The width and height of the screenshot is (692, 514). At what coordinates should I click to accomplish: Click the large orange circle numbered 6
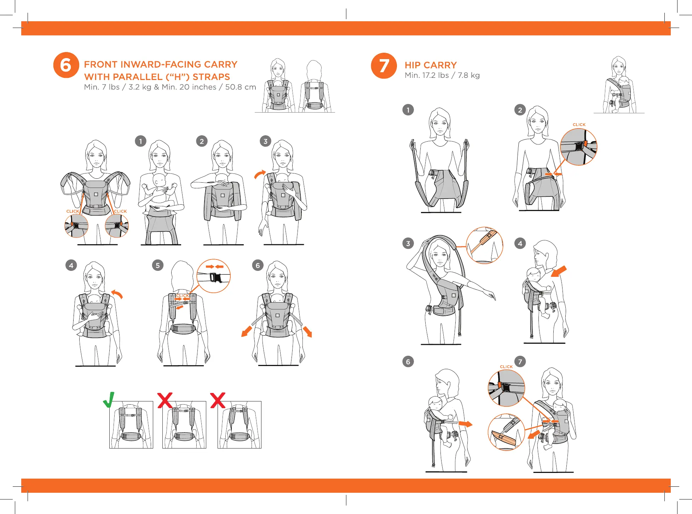(66, 65)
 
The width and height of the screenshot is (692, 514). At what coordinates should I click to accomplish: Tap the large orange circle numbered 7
(384, 65)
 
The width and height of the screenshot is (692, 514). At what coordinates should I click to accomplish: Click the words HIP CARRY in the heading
(431, 65)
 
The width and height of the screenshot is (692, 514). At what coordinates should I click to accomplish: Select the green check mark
(109, 400)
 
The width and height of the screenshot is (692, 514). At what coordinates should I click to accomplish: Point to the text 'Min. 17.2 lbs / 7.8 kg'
(442, 75)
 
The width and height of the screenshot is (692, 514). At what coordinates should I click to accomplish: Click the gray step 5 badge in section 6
(158, 265)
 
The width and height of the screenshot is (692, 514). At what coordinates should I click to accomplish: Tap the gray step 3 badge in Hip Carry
(408, 243)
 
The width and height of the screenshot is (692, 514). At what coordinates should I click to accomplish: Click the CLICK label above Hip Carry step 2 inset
(579, 125)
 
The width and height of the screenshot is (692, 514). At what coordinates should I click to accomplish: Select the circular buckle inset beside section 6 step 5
(213, 276)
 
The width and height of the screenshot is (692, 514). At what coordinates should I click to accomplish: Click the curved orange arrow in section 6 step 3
(260, 174)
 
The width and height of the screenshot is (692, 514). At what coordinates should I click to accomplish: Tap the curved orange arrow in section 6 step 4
(117, 294)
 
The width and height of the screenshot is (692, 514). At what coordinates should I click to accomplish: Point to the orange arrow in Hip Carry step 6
(465, 424)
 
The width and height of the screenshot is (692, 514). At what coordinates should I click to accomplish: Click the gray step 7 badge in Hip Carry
(520, 361)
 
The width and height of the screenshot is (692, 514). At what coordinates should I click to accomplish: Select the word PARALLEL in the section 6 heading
(123, 77)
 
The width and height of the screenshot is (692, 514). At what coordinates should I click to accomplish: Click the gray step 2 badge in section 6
(202, 141)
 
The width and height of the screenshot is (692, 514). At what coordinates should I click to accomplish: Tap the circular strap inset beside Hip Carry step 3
(484, 245)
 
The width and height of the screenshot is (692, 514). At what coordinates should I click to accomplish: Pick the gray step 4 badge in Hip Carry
(520, 243)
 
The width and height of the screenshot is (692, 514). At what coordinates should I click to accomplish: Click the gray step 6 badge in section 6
(258, 265)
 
